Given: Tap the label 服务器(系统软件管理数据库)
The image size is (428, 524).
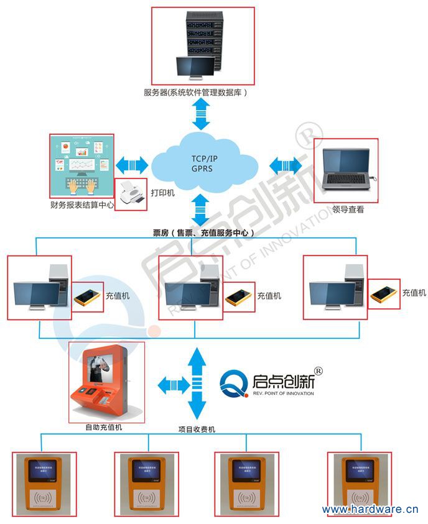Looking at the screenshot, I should tap(196, 93).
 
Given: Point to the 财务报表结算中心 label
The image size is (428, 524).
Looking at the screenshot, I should tap(81, 205).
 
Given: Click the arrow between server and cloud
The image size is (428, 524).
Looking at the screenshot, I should tap(201, 113).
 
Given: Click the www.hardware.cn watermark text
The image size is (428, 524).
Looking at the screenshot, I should tap(370, 510).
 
